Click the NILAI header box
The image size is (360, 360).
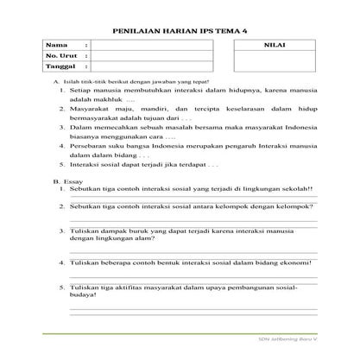tap(277, 44)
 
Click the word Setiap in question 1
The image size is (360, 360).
tap(82, 89)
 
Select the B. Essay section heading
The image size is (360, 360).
tap(66, 182)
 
